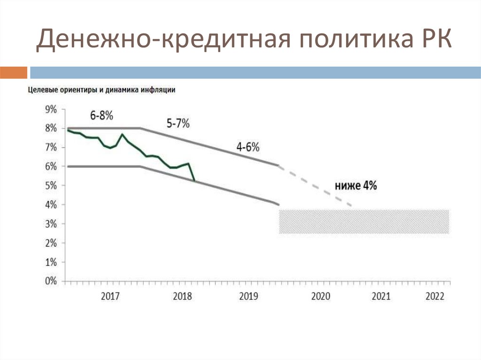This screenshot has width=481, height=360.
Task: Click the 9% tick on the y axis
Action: (x=50, y=109)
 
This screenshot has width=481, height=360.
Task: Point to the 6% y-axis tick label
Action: (x=50, y=167)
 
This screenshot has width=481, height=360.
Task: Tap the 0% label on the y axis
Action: (x=50, y=282)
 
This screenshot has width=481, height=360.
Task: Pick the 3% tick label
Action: (x=50, y=224)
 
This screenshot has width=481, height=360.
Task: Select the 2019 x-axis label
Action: (x=249, y=297)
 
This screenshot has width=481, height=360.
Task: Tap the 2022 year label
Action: (x=434, y=297)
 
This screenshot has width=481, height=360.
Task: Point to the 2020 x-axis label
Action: (x=321, y=297)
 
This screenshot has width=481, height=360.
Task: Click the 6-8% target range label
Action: (x=102, y=115)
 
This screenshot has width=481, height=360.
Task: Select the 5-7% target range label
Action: (x=178, y=124)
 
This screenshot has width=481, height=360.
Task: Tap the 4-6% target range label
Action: (x=248, y=147)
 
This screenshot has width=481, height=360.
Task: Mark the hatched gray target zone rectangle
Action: (x=364, y=221)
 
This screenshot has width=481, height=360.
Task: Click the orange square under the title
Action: (x=13, y=72)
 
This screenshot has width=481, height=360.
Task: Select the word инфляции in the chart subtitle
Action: (x=159, y=90)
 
